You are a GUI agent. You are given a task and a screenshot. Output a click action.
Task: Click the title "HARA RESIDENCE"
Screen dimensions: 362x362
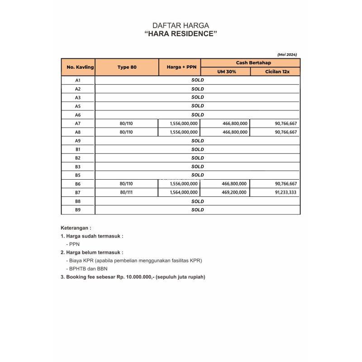click(181, 34)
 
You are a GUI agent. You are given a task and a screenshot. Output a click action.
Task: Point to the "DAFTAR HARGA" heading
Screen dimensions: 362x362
click(181, 25)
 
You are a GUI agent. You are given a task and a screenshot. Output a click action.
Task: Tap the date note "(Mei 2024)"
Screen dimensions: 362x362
click(287, 54)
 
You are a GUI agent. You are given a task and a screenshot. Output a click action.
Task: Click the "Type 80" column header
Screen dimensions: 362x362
click(127, 67)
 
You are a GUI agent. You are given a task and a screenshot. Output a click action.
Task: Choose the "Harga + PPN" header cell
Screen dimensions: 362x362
click(179, 67)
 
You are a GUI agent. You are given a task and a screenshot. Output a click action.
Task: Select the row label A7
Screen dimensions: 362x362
click(78, 124)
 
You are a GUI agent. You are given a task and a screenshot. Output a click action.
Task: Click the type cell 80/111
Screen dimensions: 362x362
click(127, 192)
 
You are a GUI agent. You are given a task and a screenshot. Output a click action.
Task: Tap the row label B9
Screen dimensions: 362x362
click(78, 210)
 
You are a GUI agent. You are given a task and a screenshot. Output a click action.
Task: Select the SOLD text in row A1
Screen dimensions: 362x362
click(198, 80)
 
